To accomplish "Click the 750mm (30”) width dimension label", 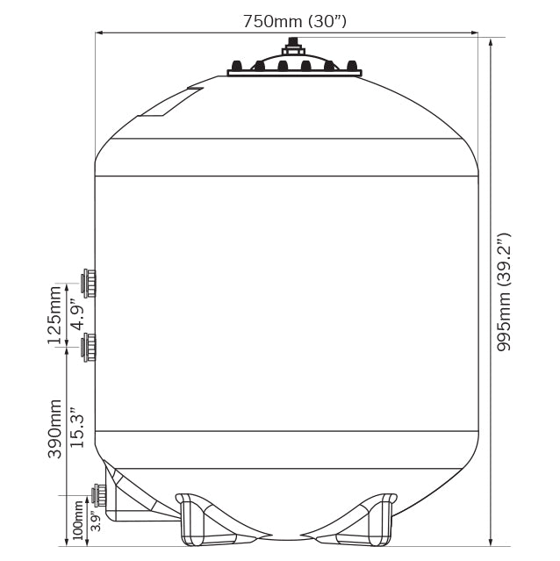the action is tap(295, 21).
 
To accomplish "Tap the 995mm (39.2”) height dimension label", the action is tap(504, 292).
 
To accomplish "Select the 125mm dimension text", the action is tap(54, 315).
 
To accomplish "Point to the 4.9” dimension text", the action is tap(77, 313).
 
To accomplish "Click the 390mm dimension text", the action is tap(54, 429).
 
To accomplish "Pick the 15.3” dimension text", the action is tap(77, 427).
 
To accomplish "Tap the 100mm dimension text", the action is tap(77, 521).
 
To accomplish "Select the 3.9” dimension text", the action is tap(96, 522).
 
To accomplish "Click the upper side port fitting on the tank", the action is tap(88, 284).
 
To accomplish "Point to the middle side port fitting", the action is tap(88, 348).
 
